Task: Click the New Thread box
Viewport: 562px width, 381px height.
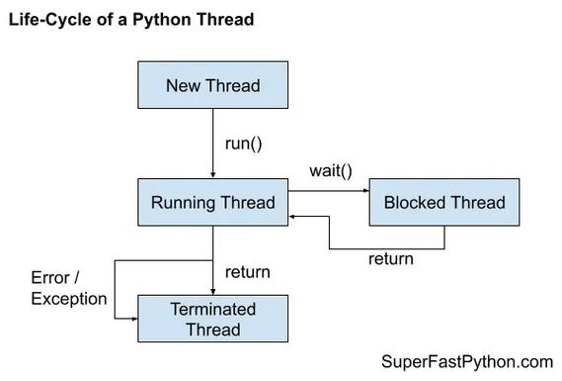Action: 212,85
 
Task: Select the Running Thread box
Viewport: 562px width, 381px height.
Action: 212,203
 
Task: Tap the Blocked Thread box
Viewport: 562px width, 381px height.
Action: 443,203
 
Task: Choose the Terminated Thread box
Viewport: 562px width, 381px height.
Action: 212,319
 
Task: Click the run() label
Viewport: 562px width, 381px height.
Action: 243,143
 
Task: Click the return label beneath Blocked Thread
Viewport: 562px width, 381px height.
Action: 390,259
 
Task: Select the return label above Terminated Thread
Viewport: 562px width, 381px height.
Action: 247,271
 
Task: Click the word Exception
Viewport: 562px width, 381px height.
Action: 69,298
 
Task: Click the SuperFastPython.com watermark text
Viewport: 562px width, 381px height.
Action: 466,362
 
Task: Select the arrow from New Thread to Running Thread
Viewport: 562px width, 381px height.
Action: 212,143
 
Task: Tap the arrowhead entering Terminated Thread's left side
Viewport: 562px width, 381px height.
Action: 132,319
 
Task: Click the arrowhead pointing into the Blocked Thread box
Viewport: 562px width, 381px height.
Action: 363,193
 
